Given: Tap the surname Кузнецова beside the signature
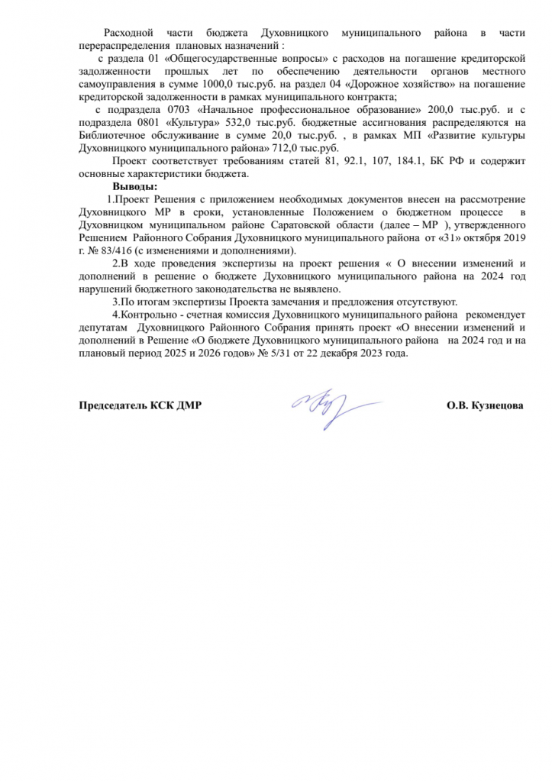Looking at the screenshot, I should pyautogui.click(x=496, y=406).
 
